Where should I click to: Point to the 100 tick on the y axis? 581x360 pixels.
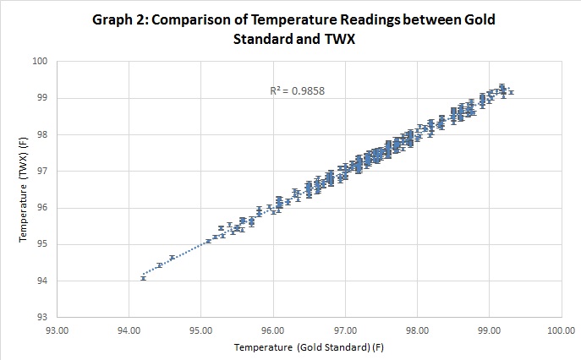[x=41, y=61]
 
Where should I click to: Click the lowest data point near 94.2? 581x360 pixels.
[x=143, y=277]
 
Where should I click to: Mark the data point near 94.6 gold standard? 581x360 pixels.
[x=172, y=258]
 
